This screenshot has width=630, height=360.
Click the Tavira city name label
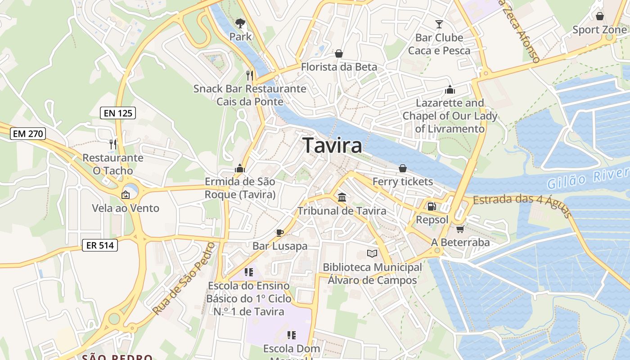pyautogui.click(x=332, y=145)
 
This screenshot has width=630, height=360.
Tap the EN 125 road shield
pyautogui.click(x=118, y=113)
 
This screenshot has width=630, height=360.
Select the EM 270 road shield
pyautogui.click(x=28, y=133)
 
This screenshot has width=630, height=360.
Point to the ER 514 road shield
pyautogui.click(x=100, y=245)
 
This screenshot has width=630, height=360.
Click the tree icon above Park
pyautogui.click(x=240, y=23)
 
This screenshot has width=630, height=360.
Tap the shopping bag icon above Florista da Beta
pyautogui.click(x=339, y=54)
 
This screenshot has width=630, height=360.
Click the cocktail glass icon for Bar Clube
pyautogui.click(x=439, y=24)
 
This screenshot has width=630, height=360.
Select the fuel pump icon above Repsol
pyautogui.click(x=432, y=207)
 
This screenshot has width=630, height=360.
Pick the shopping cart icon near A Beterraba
pyautogui.click(x=460, y=229)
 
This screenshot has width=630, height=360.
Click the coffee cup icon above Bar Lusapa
pyautogui.click(x=280, y=233)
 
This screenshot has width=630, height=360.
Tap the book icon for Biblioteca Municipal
pyautogui.click(x=372, y=254)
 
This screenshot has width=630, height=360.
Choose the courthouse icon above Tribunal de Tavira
pyautogui.click(x=342, y=197)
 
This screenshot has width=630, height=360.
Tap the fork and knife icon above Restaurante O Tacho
pyautogui.click(x=113, y=144)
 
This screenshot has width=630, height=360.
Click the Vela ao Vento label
pyautogui.click(x=126, y=208)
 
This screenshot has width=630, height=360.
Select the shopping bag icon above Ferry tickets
pyautogui.click(x=403, y=168)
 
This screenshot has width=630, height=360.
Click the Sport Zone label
pyautogui.click(x=599, y=30)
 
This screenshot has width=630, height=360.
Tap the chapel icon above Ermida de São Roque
pyautogui.click(x=240, y=169)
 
